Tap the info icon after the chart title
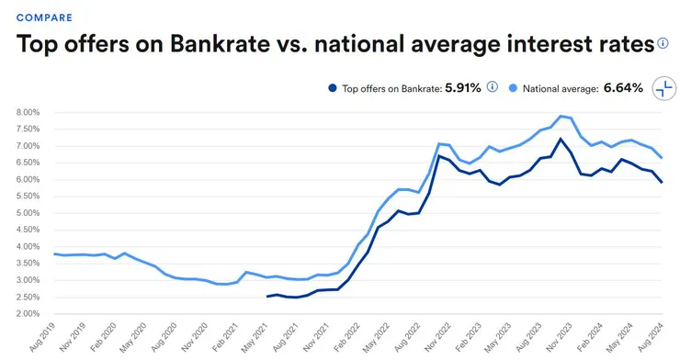(663, 43)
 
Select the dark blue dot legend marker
(332, 88)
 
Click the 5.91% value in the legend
(463, 88)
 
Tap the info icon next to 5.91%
(492, 87)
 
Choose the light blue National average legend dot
(513, 88)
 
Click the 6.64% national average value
(624, 88)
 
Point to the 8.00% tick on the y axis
(28, 112)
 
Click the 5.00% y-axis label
(28, 213)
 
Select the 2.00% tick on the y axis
(28, 313)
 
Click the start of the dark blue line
(266, 297)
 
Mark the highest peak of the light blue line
(561, 116)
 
